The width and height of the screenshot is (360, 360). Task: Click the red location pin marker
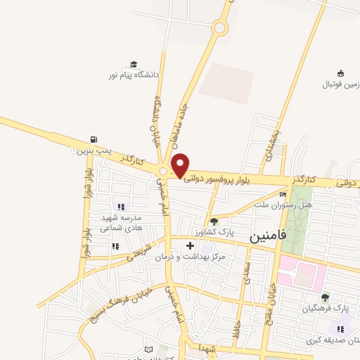[180, 165]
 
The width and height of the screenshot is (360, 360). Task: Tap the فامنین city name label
[268, 238]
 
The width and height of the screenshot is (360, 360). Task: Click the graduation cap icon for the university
[134, 64]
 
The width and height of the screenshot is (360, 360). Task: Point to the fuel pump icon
[94, 140]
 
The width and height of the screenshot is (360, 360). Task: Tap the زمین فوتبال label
[340, 84]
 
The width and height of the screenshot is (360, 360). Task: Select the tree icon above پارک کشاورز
[214, 221]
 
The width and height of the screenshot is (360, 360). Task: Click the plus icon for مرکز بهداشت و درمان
[190, 246]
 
